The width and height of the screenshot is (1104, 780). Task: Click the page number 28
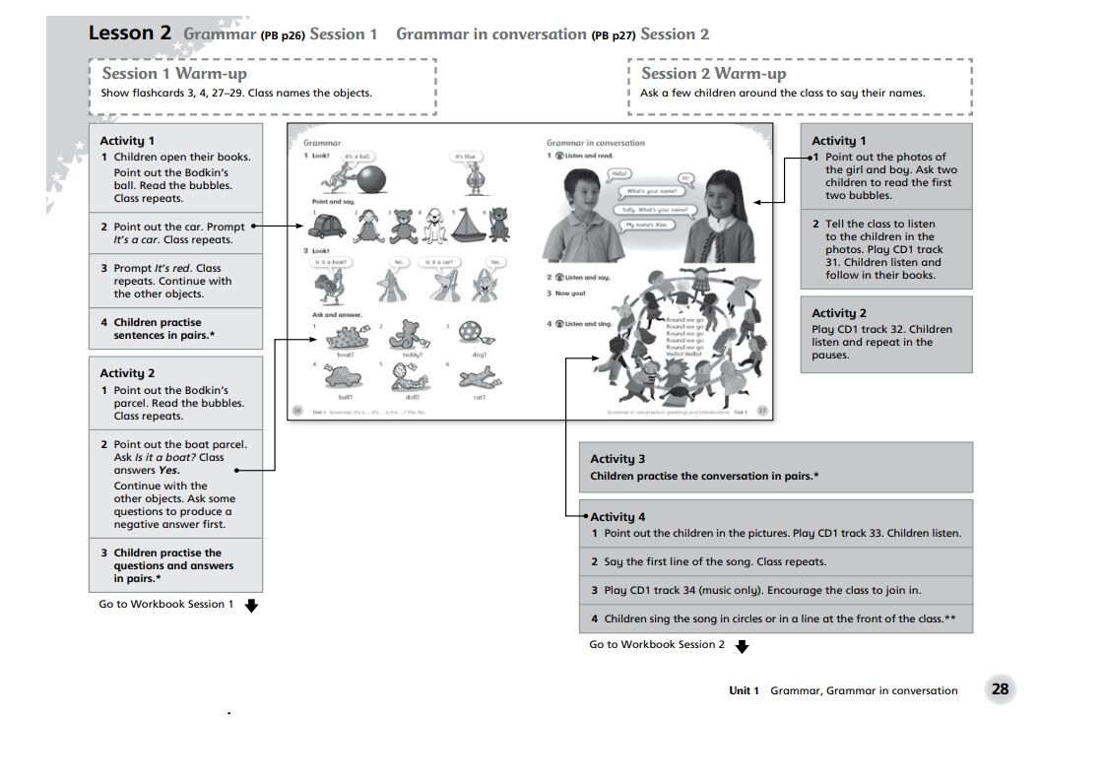click(1000, 689)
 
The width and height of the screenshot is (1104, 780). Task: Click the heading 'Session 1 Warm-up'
click(174, 74)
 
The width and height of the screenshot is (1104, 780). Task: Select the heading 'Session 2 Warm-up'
click(713, 74)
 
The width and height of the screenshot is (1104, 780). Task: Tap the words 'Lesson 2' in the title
click(129, 33)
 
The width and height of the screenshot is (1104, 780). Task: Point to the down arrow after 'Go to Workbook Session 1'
click(251, 606)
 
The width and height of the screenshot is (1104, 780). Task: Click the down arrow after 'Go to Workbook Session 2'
click(742, 646)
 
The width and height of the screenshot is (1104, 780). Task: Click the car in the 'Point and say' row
click(327, 227)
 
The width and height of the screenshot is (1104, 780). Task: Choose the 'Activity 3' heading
click(617, 459)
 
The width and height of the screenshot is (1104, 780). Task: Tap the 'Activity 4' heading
click(617, 517)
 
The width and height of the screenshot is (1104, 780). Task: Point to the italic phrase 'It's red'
click(173, 268)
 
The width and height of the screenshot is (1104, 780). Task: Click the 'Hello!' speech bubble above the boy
click(619, 173)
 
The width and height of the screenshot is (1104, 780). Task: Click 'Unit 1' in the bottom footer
click(744, 690)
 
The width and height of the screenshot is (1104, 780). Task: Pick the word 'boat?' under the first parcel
click(345, 355)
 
